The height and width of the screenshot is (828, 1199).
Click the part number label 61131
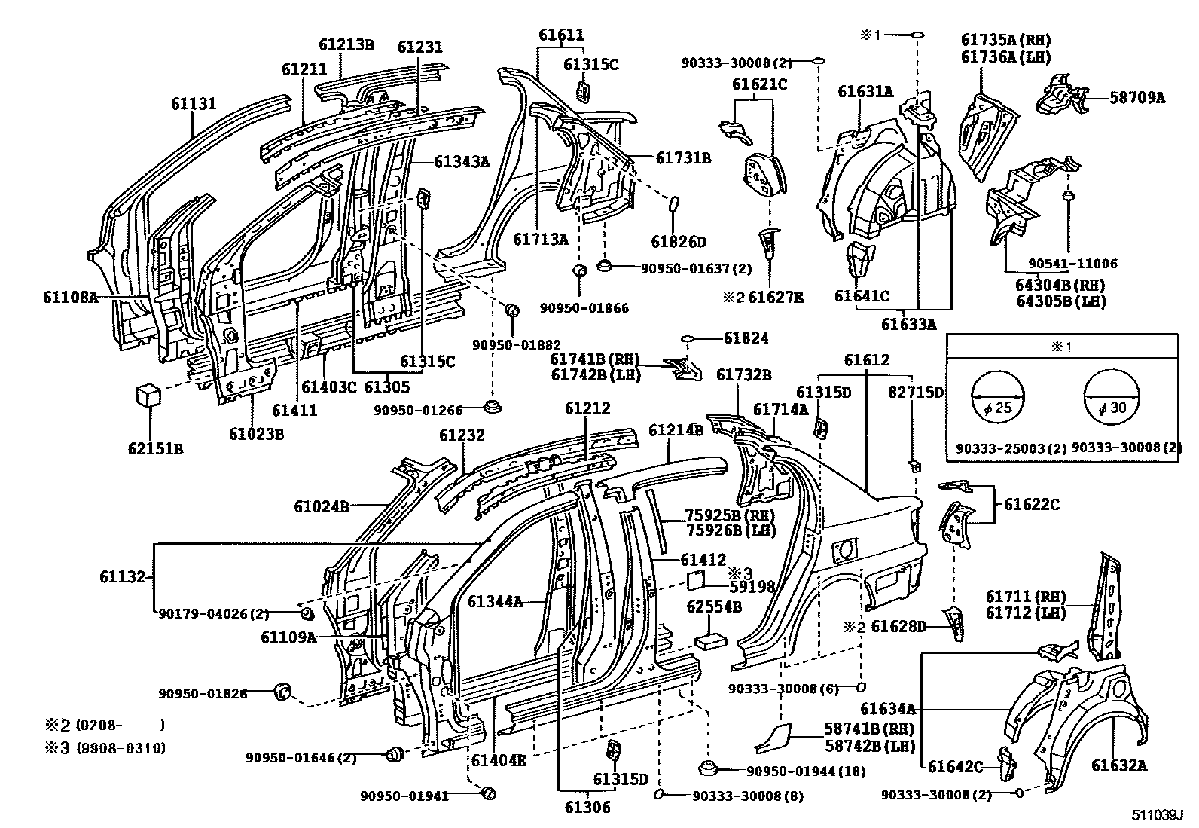tap(193, 104)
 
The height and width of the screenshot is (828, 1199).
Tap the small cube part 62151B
tap(148, 395)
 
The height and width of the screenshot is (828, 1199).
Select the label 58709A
tap(1137, 96)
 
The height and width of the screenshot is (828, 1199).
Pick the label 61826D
tap(679, 241)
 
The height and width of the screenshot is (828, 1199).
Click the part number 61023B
tap(257, 434)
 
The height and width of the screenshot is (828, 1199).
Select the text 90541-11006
tap(1073, 264)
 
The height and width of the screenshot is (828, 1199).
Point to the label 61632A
tap(1119, 765)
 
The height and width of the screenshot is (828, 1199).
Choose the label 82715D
tap(915, 392)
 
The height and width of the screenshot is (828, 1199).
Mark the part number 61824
tap(746, 338)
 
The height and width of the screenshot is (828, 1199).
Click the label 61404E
tap(499, 759)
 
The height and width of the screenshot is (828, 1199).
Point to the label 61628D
tap(898, 626)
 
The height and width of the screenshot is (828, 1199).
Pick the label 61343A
tap(462, 160)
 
